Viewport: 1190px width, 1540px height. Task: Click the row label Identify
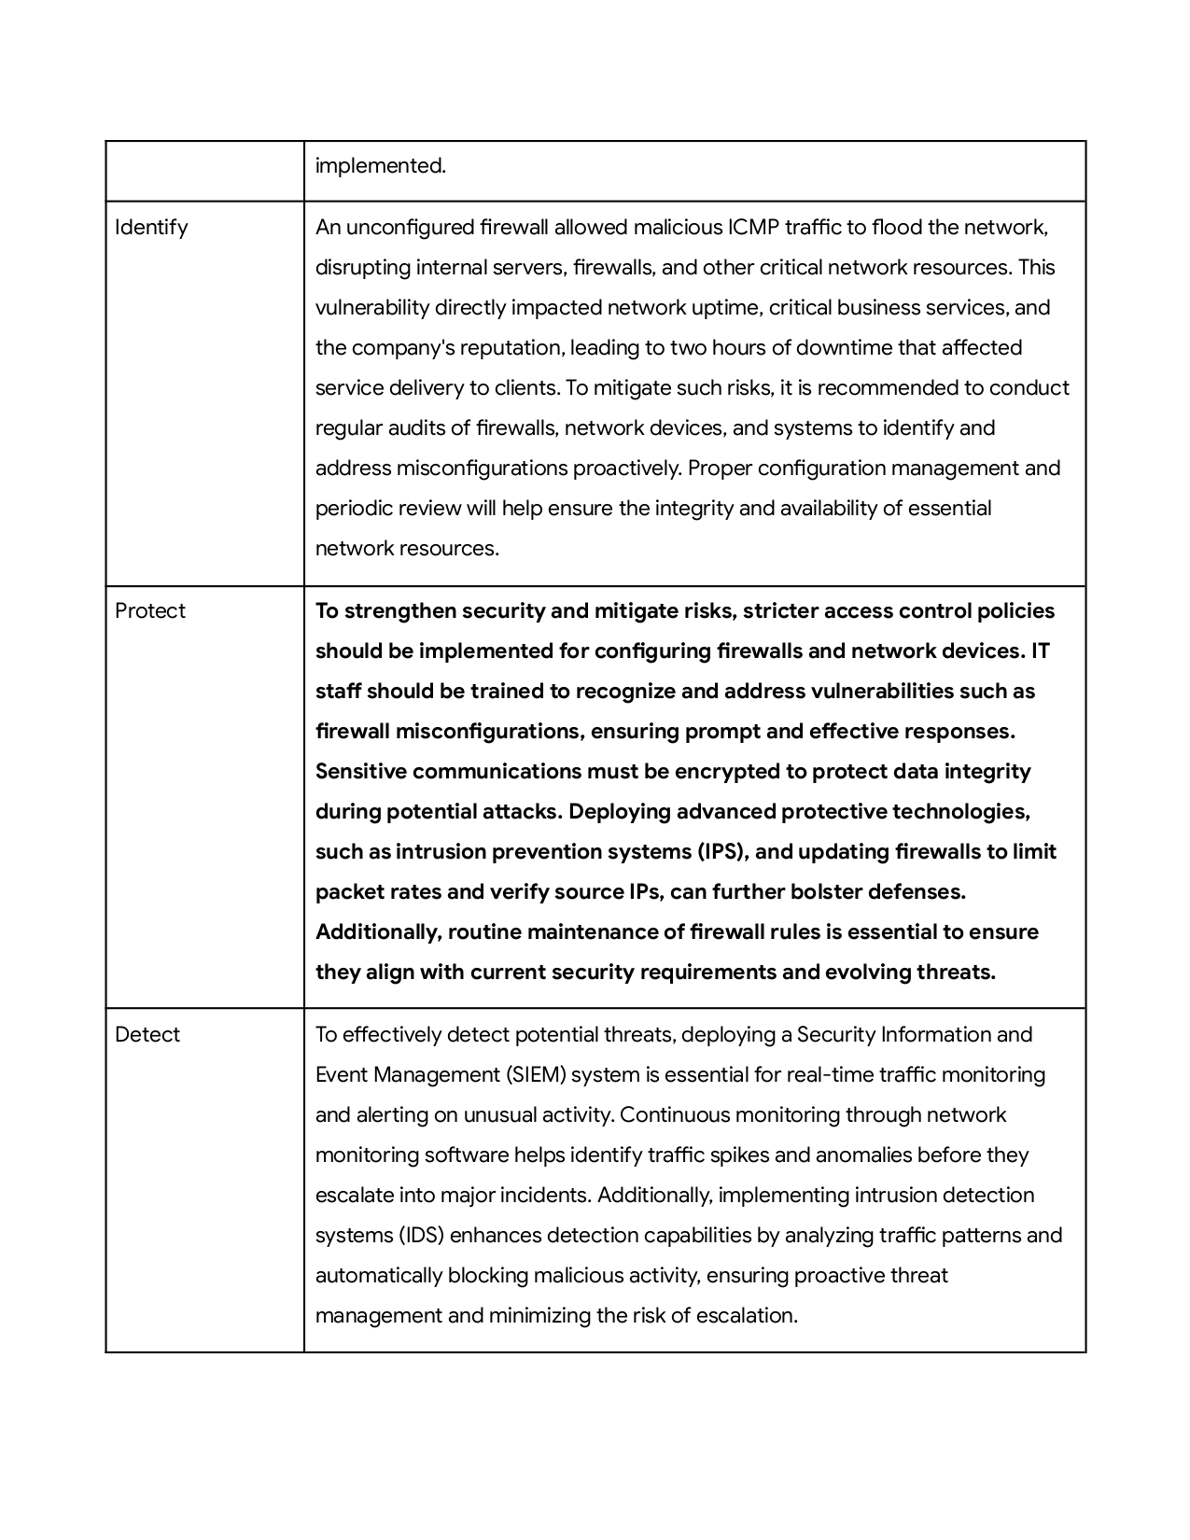tap(151, 228)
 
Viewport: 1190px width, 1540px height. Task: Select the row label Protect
tap(150, 611)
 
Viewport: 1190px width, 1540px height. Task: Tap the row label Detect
tap(147, 1035)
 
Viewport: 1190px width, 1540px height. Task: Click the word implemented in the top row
tap(380, 166)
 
